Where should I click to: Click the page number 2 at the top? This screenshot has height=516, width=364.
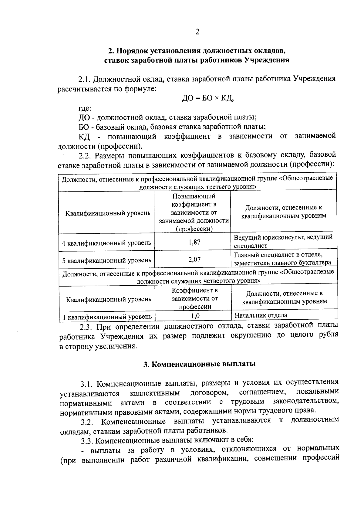pyautogui.click(x=197, y=32)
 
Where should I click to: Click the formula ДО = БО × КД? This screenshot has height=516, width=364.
pyautogui.click(x=208, y=98)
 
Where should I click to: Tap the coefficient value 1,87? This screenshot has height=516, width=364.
pyautogui.click(x=194, y=242)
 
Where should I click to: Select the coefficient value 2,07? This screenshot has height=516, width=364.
pyautogui.click(x=194, y=260)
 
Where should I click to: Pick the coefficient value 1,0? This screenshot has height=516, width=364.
pyautogui.click(x=195, y=316)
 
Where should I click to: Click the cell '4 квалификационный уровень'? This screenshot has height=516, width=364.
pyautogui.click(x=106, y=243)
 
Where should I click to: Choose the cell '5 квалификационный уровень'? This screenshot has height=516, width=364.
pyautogui.click(x=106, y=260)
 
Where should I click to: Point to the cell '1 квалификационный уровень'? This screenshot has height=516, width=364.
pyautogui.click(x=107, y=317)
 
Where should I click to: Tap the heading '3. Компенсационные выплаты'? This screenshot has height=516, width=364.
pyautogui.click(x=199, y=364)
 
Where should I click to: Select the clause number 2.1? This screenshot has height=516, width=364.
pyautogui.click(x=85, y=80)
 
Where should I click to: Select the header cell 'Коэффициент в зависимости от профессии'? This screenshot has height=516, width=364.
pyautogui.click(x=195, y=298)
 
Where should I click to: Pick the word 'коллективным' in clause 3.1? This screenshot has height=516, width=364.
pyautogui.click(x=155, y=393)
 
